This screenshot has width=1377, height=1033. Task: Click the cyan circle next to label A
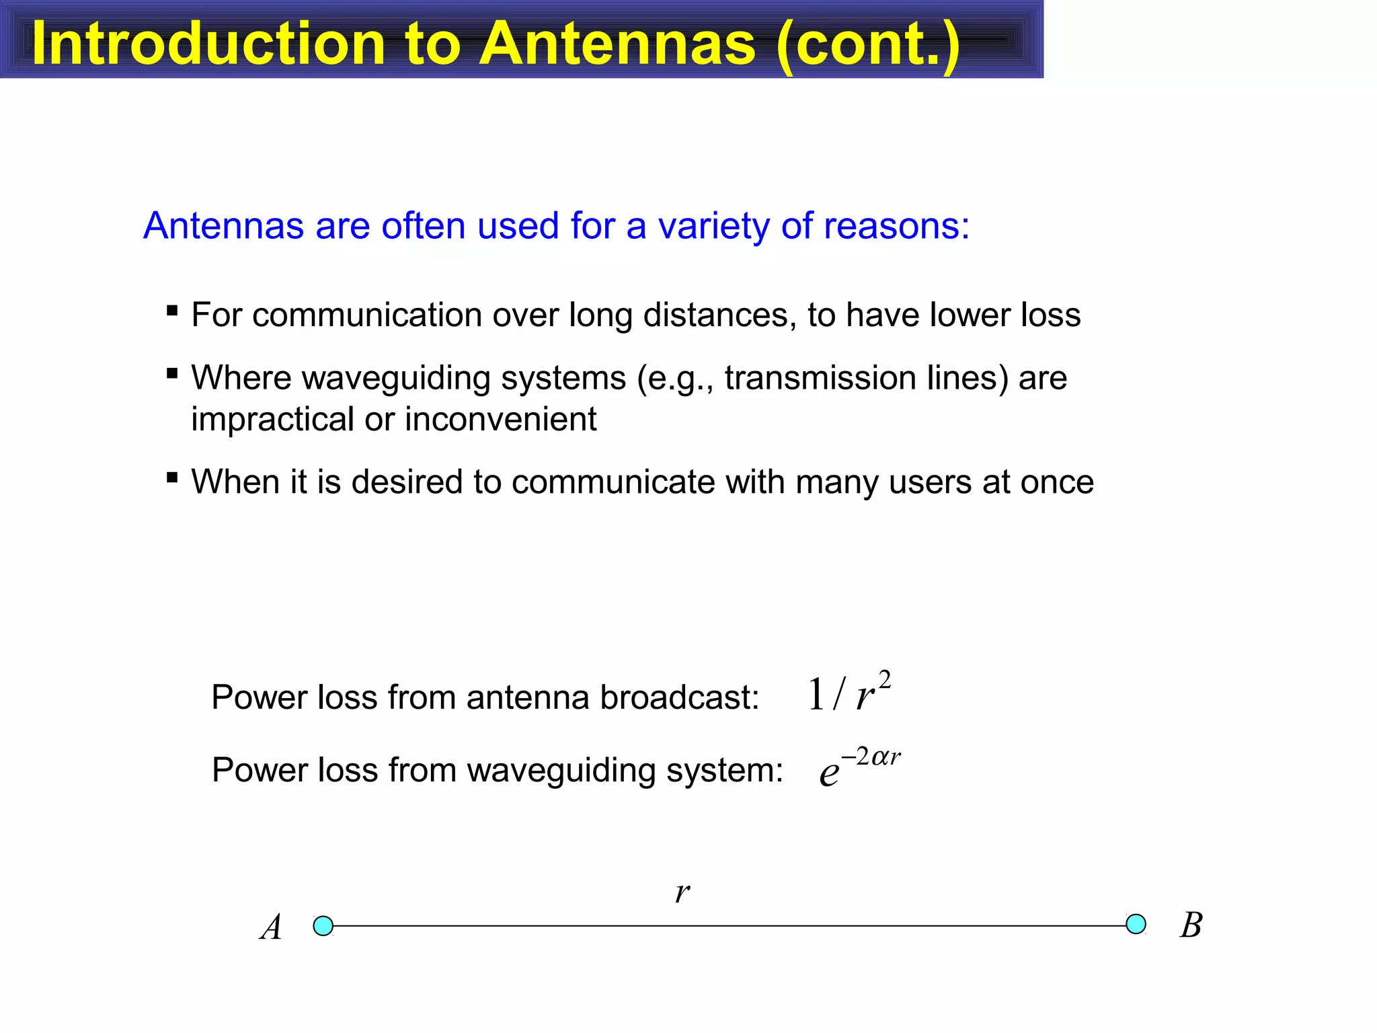click(x=323, y=926)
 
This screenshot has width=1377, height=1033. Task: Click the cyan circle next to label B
click(x=1136, y=924)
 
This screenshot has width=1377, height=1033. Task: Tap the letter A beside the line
click(x=271, y=927)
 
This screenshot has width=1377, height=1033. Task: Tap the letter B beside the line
click(x=1191, y=925)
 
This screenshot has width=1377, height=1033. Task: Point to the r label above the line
click(x=682, y=893)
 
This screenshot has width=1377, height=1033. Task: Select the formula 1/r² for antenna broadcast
click(x=849, y=693)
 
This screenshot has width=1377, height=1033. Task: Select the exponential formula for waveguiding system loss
click(x=859, y=767)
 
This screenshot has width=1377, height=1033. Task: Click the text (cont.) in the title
click(x=867, y=44)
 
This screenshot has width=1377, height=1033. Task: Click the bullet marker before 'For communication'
click(x=172, y=311)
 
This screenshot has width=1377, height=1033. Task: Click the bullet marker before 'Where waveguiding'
click(x=172, y=373)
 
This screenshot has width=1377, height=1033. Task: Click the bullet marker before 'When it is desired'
click(x=172, y=477)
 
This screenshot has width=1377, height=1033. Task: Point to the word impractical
click(x=272, y=420)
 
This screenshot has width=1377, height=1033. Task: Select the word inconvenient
click(x=500, y=420)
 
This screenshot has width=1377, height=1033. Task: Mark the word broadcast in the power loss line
click(x=679, y=697)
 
